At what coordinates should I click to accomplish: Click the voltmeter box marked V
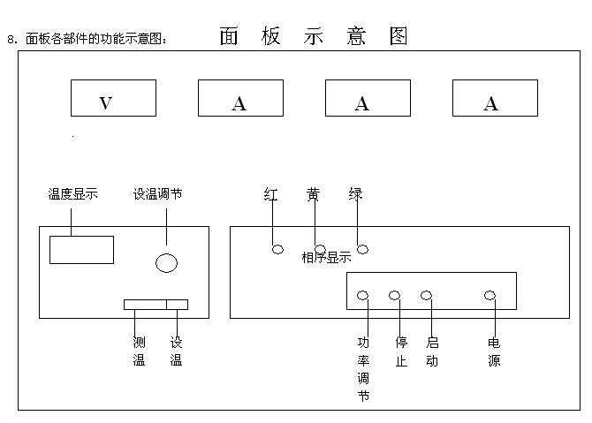click(x=112, y=98)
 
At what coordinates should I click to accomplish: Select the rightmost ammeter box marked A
click(x=491, y=98)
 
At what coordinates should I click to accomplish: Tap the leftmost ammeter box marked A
click(x=240, y=98)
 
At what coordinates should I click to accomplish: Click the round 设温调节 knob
click(x=166, y=262)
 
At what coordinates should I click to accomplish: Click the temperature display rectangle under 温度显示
click(x=81, y=250)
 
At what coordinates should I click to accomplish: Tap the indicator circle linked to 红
click(x=277, y=250)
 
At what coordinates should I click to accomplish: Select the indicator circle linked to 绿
click(x=362, y=249)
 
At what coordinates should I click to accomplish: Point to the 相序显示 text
click(x=326, y=258)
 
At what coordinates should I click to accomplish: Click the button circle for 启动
click(x=427, y=295)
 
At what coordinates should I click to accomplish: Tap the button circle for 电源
click(x=490, y=295)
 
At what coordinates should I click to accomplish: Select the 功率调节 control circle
click(x=362, y=295)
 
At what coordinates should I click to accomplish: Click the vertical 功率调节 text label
click(x=362, y=369)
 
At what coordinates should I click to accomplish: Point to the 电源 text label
click(x=494, y=351)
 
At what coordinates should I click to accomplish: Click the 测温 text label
click(x=139, y=351)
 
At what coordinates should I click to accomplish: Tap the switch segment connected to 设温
click(x=177, y=305)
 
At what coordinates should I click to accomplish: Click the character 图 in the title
click(x=398, y=36)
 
